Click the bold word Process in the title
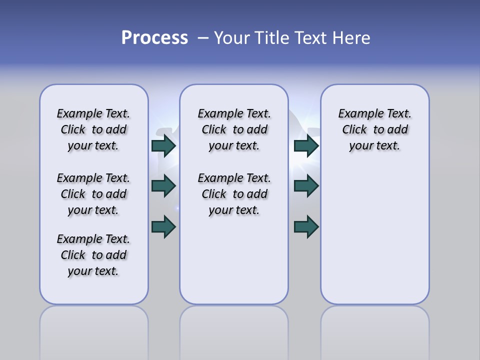(154, 38)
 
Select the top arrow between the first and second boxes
(163, 146)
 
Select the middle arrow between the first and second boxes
(163, 186)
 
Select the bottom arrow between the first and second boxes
(163, 226)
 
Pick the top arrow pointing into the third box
(306, 146)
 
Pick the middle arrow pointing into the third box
(306, 186)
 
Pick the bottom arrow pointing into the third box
(306, 226)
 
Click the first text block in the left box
(93, 129)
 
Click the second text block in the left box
(93, 194)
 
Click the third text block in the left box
(93, 255)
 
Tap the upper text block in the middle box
(234, 129)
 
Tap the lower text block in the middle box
(234, 194)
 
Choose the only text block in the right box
(375, 129)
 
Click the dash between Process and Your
(203, 38)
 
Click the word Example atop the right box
(357, 113)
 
